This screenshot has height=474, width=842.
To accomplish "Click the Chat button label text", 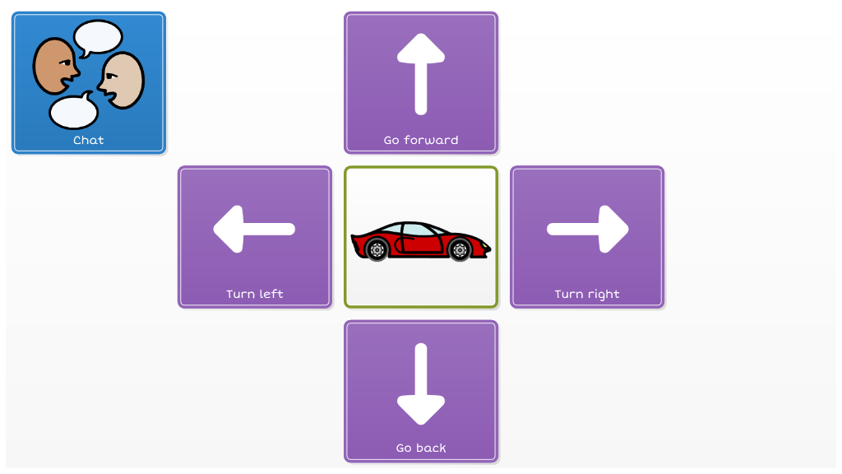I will tap(89, 140).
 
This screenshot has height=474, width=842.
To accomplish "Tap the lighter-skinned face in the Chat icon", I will tap(123, 80).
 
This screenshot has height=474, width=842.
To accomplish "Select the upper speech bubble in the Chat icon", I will tap(99, 37).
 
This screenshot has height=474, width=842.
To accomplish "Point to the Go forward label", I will tap(421, 140).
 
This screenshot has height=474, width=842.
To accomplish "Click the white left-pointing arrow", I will tap(254, 230).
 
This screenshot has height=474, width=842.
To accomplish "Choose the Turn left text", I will tap(255, 294).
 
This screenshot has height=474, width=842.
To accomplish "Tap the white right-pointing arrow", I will tap(588, 230).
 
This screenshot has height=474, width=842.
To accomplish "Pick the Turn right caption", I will tap(587, 294).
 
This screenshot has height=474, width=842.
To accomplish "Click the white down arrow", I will tap(421, 383).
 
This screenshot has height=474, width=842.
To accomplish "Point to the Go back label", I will tap(421, 448).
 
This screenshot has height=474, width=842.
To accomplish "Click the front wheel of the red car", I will tap(460, 249).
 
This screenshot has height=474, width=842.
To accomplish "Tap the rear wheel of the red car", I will tap(377, 249).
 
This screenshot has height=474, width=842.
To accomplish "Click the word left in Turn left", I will tap(272, 294).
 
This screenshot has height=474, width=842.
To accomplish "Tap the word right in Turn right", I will tap(604, 294).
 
